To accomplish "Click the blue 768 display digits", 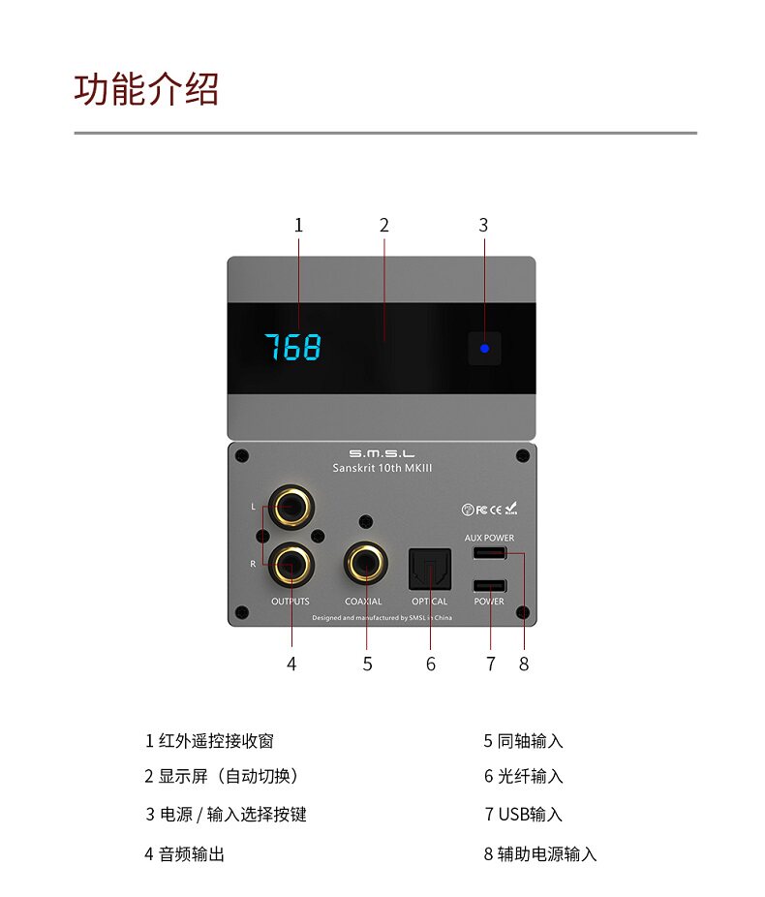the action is pyautogui.click(x=293, y=347).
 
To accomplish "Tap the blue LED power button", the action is pyautogui.click(x=484, y=349).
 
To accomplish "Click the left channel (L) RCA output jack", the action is pyautogui.click(x=291, y=506).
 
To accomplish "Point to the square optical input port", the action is pyautogui.click(x=429, y=568).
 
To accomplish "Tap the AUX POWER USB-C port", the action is pyautogui.click(x=489, y=553).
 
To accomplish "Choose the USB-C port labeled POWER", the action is pyautogui.click(x=489, y=585).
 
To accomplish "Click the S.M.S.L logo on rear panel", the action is pyautogui.click(x=382, y=453).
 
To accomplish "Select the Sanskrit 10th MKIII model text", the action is pyautogui.click(x=382, y=468).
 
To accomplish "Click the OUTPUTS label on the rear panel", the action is pyautogui.click(x=291, y=602).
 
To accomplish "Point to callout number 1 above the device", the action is pyautogui.click(x=298, y=225).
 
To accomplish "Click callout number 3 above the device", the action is pyautogui.click(x=483, y=225).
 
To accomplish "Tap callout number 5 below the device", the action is pyautogui.click(x=367, y=664).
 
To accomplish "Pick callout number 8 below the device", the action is pyautogui.click(x=524, y=664).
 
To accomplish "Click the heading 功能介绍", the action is pyautogui.click(x=147, y=89).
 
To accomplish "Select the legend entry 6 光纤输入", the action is pyautogui.click(x=523, y=776).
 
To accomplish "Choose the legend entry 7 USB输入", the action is pyautogui.click(x=523, y=815).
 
